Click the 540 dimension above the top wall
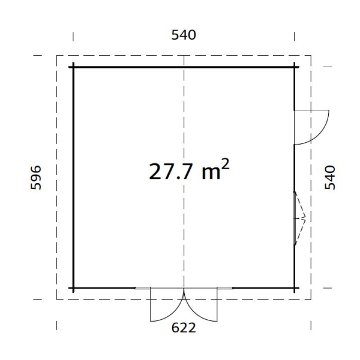pos(184,35)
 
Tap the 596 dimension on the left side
pos(36,178)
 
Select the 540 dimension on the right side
pos(330,178)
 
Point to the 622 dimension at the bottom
pos(184,328)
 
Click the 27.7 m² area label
pos(189,170)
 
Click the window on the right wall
pos(295,218)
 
